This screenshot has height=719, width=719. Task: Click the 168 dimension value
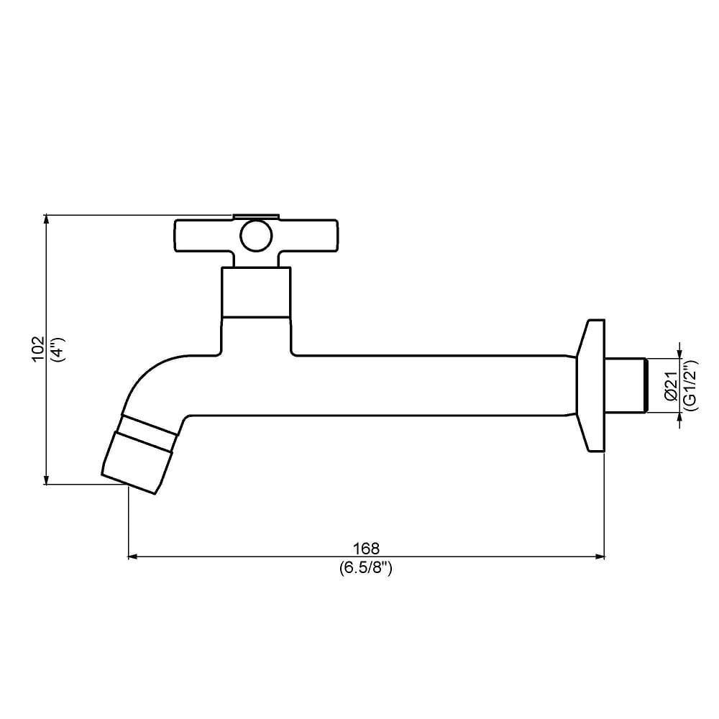pyautogui.click(x=366, y=549)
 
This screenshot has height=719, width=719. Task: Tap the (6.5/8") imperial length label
pyautogui.click(x=366, y=567)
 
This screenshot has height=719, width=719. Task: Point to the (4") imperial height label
pyautogui.click(x=59, y=349)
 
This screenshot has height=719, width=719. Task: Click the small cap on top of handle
pyautogui.click(x=255, y=216)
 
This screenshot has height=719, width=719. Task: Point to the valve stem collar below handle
pyautogui.click(x=256, y=293)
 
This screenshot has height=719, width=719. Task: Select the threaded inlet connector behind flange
pyautogui.click(x=627, y=385)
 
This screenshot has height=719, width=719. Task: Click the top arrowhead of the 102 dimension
pyautogui.click(x=47, y=219)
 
